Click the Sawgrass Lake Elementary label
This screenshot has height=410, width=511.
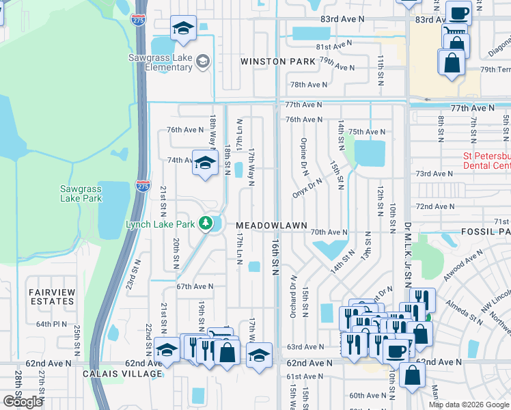click(161, 62)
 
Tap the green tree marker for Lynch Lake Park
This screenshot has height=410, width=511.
click(204, 223)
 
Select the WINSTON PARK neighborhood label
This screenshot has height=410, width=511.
click(277, 61)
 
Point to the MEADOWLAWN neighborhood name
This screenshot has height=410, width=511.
click(272, 225)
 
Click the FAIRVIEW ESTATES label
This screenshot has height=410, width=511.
click(52, 296)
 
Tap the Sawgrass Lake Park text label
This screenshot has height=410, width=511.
click(81, 193)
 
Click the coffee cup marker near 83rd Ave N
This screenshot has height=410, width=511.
click(458, 12)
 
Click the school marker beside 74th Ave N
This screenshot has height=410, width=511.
click(204, 163)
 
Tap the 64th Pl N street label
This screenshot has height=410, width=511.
click(53, 324)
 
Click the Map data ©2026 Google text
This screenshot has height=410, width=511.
click(469, 405)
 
